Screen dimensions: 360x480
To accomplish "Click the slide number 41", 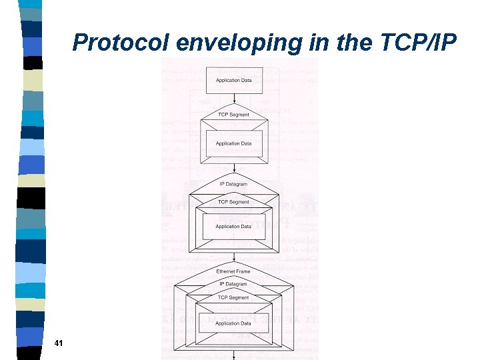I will [58, 343].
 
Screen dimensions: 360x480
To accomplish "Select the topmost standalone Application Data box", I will [233, 80].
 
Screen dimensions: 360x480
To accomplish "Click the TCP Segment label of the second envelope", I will [233, 115].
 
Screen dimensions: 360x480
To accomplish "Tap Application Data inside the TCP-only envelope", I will [233, 143].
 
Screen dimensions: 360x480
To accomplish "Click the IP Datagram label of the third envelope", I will [233, 184].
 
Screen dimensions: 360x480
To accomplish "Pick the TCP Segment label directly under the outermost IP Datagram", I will [233, 201].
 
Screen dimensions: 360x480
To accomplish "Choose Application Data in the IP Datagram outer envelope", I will [233, 227].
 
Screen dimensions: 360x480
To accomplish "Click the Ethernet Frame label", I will [233, 271].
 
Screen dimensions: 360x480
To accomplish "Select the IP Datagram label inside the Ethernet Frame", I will [233, 284].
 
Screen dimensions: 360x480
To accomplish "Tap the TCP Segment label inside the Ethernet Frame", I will [233, 297].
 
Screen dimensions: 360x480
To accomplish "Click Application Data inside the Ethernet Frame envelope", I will [233, 323].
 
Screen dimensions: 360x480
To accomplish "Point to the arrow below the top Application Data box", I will [233, 99].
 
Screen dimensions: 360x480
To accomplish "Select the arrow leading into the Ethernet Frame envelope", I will [233, 257].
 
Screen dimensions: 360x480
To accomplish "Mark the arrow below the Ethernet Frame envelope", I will [233, 355].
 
